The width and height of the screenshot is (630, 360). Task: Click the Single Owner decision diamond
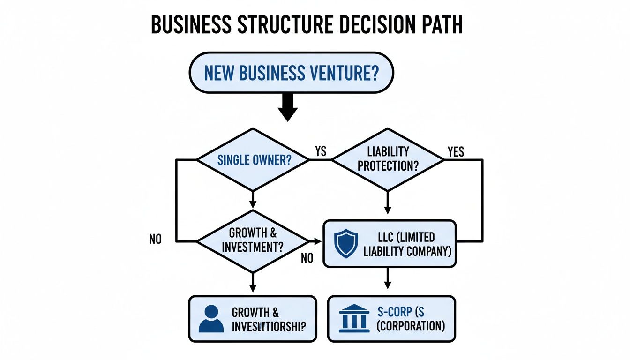point(253,160)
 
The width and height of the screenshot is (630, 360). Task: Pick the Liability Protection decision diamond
point(387,159)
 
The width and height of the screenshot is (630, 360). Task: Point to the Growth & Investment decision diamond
point(253,241)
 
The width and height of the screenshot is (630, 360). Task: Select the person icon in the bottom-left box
point(211,319)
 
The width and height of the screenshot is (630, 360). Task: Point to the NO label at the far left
point(155,239)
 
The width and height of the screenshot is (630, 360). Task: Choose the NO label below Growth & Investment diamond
point(307,258)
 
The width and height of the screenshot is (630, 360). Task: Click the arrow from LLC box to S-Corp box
point(387,280)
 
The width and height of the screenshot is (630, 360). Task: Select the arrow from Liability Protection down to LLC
point(387,204)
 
